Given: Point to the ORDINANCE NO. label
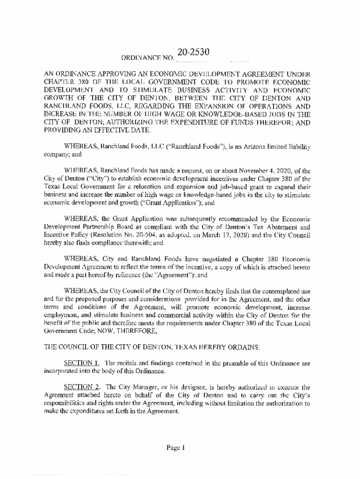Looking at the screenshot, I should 148,59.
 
